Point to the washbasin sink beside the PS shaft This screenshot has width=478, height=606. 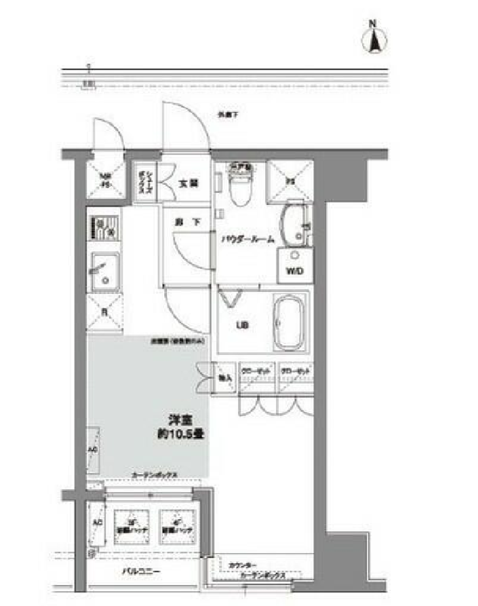[x=294, y=225]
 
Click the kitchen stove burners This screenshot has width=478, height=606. [x=105, y=228]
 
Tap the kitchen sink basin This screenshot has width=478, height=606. [x=105, y=269]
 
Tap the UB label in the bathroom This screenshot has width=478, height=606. [x=241, y=326]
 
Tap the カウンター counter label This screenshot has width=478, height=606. [x=242, y=565]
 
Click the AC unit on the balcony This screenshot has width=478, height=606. [x=97, y=524]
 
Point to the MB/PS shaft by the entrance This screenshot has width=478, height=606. [x=106, y=180]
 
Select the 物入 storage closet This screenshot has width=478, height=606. [x=224, y=375]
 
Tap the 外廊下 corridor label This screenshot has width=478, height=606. [x=228, y=115]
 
